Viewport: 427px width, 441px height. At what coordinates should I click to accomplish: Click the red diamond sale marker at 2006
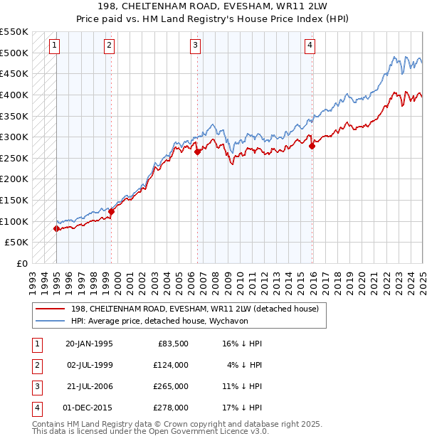pos(197,152)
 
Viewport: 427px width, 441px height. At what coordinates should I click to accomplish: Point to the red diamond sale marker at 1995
pos(57,228)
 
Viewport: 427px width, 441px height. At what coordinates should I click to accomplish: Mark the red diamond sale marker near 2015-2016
pos(312,146)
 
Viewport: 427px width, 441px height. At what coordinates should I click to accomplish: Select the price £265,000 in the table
pos(172,386)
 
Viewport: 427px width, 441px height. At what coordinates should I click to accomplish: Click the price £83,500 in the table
pos(174,343)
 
